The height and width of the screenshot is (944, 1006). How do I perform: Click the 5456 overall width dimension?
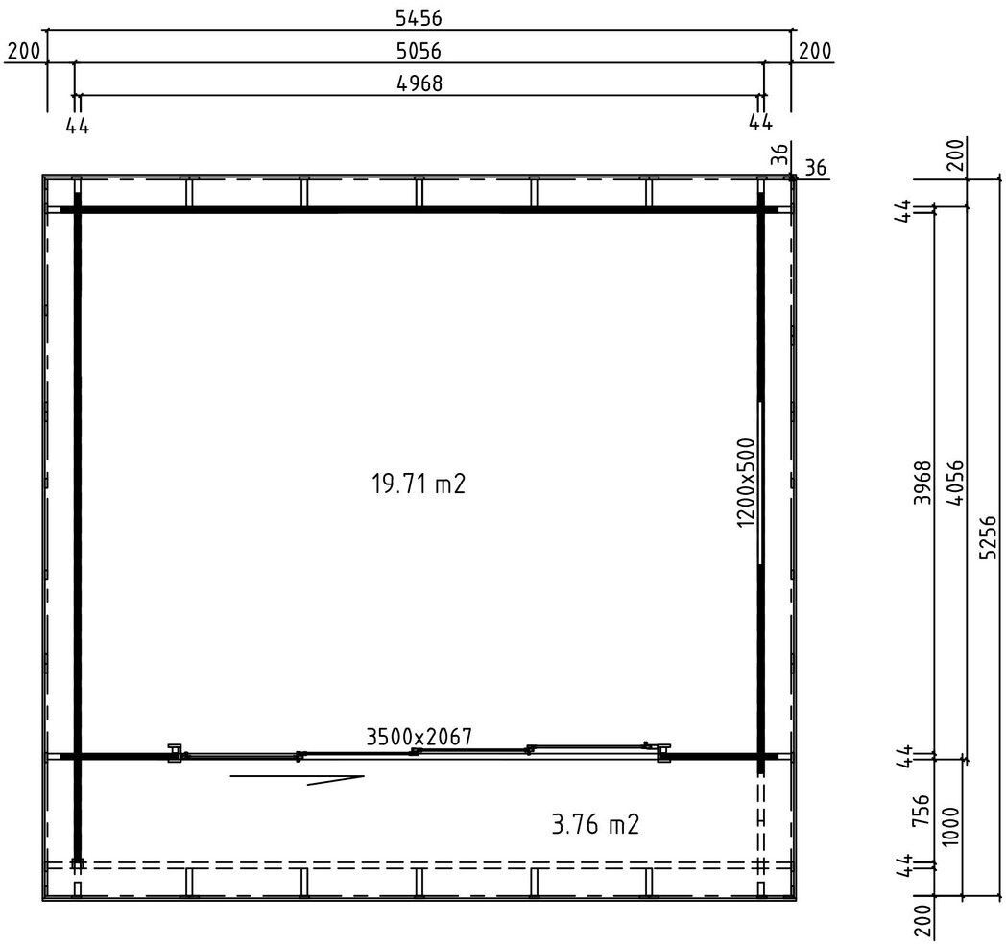coord(419,18)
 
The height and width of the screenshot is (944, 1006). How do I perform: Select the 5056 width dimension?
coord(419,51)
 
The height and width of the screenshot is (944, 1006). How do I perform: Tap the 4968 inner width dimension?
coord(419,83)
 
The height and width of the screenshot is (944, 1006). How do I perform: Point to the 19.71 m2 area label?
coord(419,484)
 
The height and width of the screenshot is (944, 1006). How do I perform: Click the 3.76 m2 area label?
coord(595,824)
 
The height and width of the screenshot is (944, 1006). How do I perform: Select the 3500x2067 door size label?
coord(419,737)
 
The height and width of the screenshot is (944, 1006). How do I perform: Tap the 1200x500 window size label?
coord(747,483)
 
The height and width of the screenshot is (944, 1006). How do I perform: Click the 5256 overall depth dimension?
coord(990,537)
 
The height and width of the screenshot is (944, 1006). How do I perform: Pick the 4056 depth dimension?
coord(955,484)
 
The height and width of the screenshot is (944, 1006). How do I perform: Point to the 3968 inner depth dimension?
coord(922,483)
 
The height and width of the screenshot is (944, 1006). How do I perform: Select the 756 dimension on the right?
coord(920,811)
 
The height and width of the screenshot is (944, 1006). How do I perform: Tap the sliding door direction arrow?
coord(298,779)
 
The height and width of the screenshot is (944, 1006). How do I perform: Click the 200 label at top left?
coord(24,51)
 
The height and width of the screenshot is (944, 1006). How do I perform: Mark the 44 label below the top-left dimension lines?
coord(77,126)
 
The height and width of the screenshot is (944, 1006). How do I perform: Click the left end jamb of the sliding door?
coord(175,753)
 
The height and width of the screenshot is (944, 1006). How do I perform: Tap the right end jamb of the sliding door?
coord(663,753)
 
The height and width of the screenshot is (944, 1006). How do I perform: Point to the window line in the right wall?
coord(760,483)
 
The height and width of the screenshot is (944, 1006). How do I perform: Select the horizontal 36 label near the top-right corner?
coord(815,168)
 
